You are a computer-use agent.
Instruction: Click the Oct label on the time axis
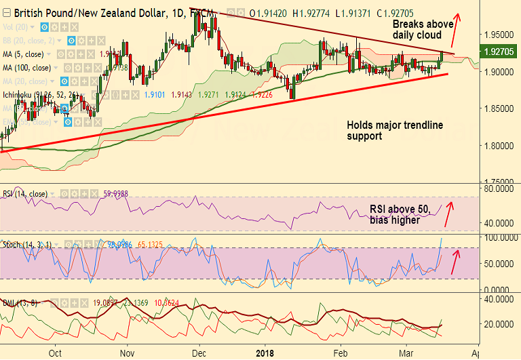(x=56, y=353)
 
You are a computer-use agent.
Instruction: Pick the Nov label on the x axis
(x=127, y=353)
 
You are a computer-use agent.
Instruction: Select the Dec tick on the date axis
(x=198, y=353)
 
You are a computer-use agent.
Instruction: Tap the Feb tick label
(x=341, y=353)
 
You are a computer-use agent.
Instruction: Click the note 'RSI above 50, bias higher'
(x=400, y=215)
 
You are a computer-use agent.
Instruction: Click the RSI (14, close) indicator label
(x=24, y=194)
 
